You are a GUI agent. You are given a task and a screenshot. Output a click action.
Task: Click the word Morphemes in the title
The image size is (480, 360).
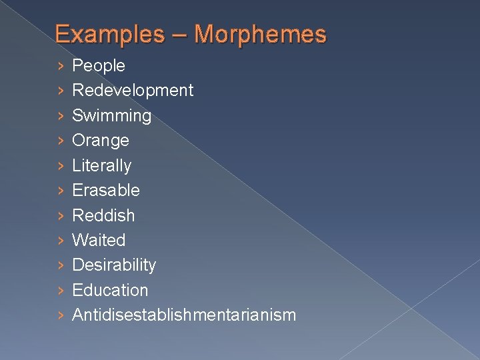click(x=261, y=34)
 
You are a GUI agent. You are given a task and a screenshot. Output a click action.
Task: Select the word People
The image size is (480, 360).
click(x=99, y=65)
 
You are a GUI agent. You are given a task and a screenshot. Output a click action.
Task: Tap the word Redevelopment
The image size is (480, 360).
click(x=133, y=90)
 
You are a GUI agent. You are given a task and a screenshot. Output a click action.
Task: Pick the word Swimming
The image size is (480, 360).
click(x=111, y=115)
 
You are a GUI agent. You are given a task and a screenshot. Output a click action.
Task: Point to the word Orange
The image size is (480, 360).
click(x=101, y=140)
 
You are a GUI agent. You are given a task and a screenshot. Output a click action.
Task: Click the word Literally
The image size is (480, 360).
click(x=101, y=165)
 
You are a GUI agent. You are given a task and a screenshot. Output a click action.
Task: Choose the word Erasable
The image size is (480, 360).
click(x=106, y=190)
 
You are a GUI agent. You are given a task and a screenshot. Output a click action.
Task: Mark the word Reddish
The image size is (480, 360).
click(x=103, y=215)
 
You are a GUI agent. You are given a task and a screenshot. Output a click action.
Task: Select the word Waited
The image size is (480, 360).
click(x=99, y=240)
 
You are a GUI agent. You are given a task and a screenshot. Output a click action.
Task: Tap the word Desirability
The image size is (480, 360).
click(x=114, y=265)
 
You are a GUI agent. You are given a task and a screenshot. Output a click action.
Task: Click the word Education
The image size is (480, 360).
click(x=110, y=290)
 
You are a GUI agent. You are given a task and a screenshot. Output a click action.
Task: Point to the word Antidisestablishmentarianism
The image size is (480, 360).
click(x=184, y=315)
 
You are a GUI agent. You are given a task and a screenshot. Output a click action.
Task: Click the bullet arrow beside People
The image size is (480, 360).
click(x=61, y=65)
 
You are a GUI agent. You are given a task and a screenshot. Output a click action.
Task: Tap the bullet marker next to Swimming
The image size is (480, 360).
click(x=61, y=115)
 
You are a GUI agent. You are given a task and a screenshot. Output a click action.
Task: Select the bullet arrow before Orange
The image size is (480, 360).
click(x=61, y=140)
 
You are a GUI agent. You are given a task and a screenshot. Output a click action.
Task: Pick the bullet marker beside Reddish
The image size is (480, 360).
click(x=61, y=215)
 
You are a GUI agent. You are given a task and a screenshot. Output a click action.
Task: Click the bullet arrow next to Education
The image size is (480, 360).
click(x=61, y=290)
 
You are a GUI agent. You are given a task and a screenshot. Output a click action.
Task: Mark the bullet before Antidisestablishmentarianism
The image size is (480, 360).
click(x=61, y=315)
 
